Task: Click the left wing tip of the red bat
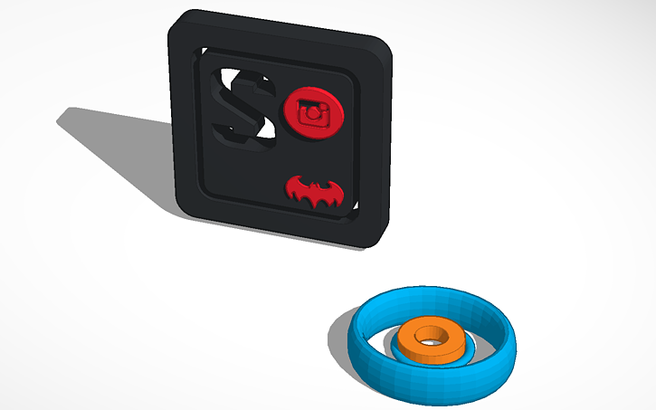click(289, 189)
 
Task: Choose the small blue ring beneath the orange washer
click(398, 348)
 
